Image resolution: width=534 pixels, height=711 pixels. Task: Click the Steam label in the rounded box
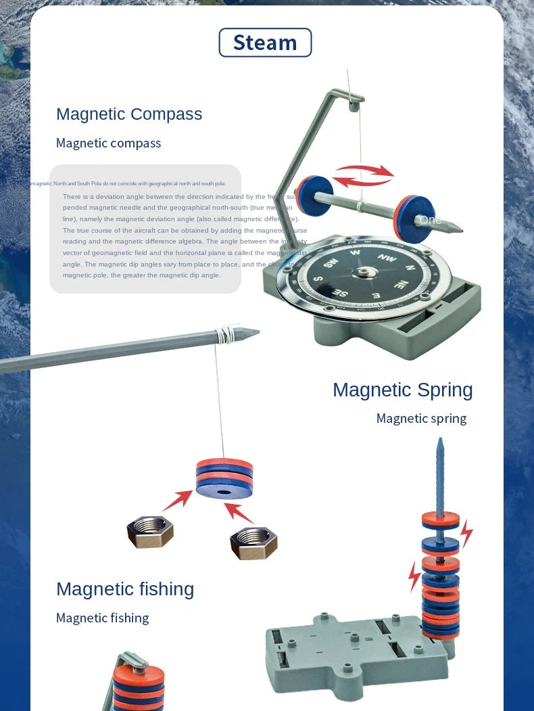pyautogui.click(x=265, y=43)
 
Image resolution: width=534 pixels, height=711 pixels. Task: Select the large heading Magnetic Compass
pyautogui.click(x=129, y=114)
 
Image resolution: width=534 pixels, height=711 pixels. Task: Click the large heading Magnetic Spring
pyautogui.click(x=402, y=390)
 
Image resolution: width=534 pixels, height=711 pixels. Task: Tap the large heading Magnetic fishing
pyautogui.click(x=125, y=589)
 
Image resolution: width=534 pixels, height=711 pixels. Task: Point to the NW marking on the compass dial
pyautogui.click(x=387, y=258)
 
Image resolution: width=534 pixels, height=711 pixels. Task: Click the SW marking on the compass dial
pyautogui.click(x=330, y=263)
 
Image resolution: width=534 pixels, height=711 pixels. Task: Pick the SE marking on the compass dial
pyautogui.click(x=341, y=293)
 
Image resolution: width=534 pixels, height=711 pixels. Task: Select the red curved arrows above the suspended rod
pyautogui.click(x=364, y=175)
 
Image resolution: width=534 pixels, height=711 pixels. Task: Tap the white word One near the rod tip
pyautogui.click(x=430, y=220)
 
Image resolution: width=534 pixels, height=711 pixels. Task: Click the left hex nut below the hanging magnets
pyautogui.click(x=150, y=531)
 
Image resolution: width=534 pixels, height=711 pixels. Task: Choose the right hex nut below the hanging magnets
pyautogui.click(x=253, y=543)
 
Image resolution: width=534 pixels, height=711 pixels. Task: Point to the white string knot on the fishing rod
pyautogui.click(x=222, y=332)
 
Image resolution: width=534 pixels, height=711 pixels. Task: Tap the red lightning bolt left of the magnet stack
pyautogui.click(x=414, y=575)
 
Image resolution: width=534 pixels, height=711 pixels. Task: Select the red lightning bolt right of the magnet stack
pyautogui.click(x=466, y=533)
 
